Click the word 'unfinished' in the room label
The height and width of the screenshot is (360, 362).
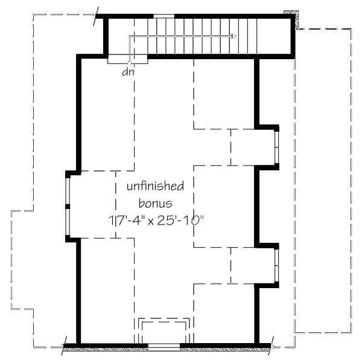coord(156,186)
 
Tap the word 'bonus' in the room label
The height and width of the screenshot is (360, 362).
coord(156,204)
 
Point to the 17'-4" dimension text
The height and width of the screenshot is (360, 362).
coord(128,220)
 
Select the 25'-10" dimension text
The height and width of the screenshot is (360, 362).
coord(180,220)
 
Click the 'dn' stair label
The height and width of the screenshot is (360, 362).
coord(128,72)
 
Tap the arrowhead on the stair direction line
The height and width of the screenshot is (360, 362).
coord(233,36)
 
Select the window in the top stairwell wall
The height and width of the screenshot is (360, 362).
coord(164,16)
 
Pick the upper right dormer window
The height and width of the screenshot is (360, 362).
coord(276,147)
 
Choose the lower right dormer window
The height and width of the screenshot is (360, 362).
coord(276,266)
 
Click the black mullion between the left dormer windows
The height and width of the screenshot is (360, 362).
coord(68,207)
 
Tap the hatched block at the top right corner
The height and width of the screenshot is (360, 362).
coord(292,19)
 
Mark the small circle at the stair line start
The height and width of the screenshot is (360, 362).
coord(129,63)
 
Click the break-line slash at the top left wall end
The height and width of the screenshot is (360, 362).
coord(96,16)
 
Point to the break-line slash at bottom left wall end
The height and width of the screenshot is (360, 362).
coord(64,346)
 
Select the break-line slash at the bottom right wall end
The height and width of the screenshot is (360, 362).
coord(271,346)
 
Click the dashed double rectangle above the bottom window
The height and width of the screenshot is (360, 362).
coord(164,318)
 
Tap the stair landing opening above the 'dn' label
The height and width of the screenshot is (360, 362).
coord(128,59)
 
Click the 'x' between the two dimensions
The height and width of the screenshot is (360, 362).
coord(151,222)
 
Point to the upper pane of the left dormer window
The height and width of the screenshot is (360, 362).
coord(68,191)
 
